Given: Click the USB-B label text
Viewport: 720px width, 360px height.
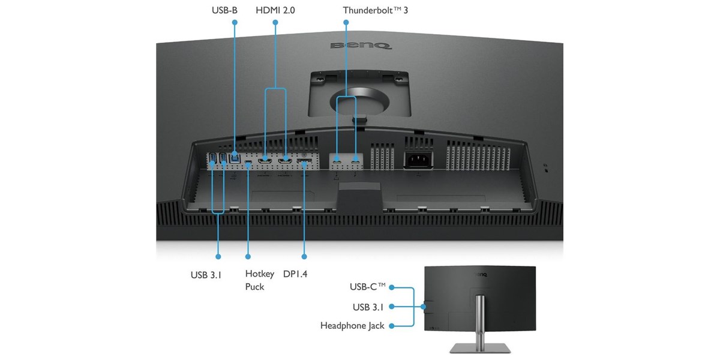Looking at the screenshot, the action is click(x=224, y=10).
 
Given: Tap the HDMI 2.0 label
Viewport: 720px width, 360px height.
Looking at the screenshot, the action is click(x=275, y=10).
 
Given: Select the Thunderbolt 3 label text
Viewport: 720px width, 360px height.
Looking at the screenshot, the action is click(x=375, y=10).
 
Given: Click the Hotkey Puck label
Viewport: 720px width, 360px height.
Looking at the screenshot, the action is click(x=260, y=280).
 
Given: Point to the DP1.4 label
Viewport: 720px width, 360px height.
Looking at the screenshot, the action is click(x=295, y=274).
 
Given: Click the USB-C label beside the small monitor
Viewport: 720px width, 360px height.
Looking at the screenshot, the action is click(x=367, y=286).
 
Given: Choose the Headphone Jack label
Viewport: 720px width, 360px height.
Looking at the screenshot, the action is click(x=352, y=326).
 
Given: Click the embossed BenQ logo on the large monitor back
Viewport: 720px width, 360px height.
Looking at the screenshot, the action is click(x=361, y=46).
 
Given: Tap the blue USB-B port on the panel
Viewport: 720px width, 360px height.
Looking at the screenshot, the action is click(x=235, y=158).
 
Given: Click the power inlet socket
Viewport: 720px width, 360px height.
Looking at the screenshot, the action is click(x=418, y=160).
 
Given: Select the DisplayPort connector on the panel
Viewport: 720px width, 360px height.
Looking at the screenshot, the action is click(x=304, y=161).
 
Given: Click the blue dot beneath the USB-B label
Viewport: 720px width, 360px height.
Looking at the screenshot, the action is click(x=235, y=22).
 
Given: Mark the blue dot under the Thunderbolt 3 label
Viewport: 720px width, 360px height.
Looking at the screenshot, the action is click(x=346, y=23).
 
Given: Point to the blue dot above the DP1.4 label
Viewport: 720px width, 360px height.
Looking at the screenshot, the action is click(x=304, y=257).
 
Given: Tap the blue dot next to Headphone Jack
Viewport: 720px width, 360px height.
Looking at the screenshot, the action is click(x=391, y=326).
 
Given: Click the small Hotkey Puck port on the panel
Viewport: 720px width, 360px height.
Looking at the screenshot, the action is click(x=248, y=161).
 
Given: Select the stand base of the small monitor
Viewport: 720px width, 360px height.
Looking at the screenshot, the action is click(x=480, y=349).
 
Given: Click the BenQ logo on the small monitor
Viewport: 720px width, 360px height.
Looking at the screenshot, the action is click(x=480, y=275).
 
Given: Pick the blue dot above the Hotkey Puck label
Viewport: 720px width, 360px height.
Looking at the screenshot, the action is click(x=248, y=257).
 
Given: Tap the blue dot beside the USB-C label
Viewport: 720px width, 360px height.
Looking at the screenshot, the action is click(x=391, y=287).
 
